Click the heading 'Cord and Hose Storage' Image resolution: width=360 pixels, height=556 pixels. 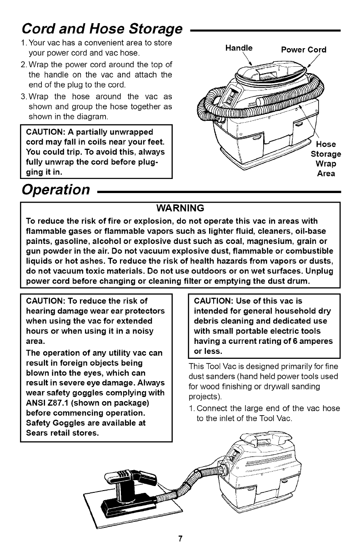101,29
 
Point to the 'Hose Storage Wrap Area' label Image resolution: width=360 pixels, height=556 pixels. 325,159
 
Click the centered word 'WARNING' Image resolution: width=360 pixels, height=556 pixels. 180,209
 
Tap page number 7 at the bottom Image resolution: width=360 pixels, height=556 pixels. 180,539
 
